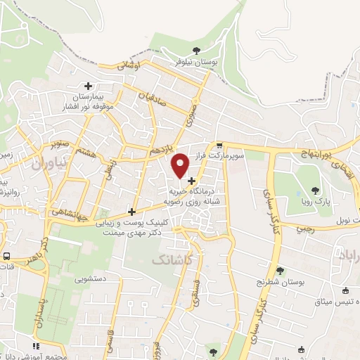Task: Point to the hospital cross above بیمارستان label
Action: (89, 86)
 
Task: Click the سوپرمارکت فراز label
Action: (220, 156)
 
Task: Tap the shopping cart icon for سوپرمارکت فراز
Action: (219, 144)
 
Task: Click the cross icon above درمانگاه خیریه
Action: (191, 181)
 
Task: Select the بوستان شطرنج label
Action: (281, 283)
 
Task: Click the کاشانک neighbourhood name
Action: (171, 259)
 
